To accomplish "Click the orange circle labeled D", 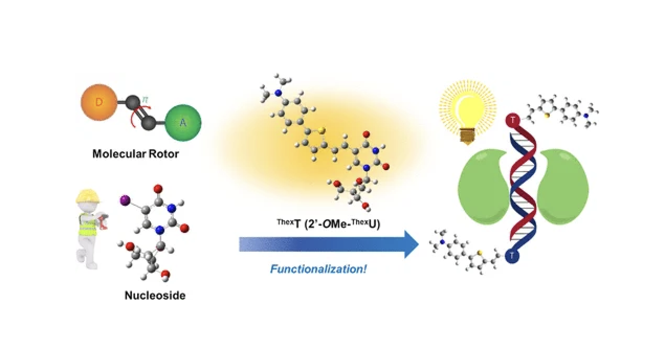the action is coord(99,103).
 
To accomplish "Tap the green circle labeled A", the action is coord(183,122).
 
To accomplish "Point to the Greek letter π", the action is coord(145,99).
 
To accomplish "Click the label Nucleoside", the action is coord(155,295).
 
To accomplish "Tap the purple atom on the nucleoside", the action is coord(125,200).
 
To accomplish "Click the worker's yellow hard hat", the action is coord(87,196).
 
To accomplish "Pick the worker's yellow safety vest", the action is coord(88,225).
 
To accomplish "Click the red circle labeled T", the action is coord(513,120).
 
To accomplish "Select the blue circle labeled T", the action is coord(512,256).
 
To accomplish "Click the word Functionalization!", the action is coord(318,269).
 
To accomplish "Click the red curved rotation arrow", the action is coord(134,117).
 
